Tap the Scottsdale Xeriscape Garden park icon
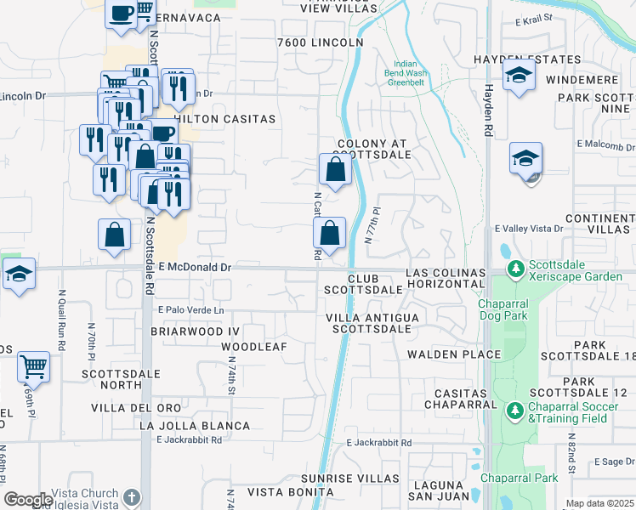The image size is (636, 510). pyautogui.click(x=514, y=269)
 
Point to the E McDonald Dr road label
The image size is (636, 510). pyautogui.click(x=195, y=267)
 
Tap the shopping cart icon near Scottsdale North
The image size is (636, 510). pyautogui.click(x=33, y=367)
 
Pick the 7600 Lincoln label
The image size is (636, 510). pyautogui.click(x=320, y=42)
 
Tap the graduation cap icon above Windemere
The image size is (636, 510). pyautogui.click(x=518, y=75)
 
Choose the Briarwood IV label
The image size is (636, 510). pyautogui.click(x=190, y=330)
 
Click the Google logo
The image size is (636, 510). pyautogui.click(x=27, y=499)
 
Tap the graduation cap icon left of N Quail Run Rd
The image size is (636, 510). pyautogui.click(x=18, y=274)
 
